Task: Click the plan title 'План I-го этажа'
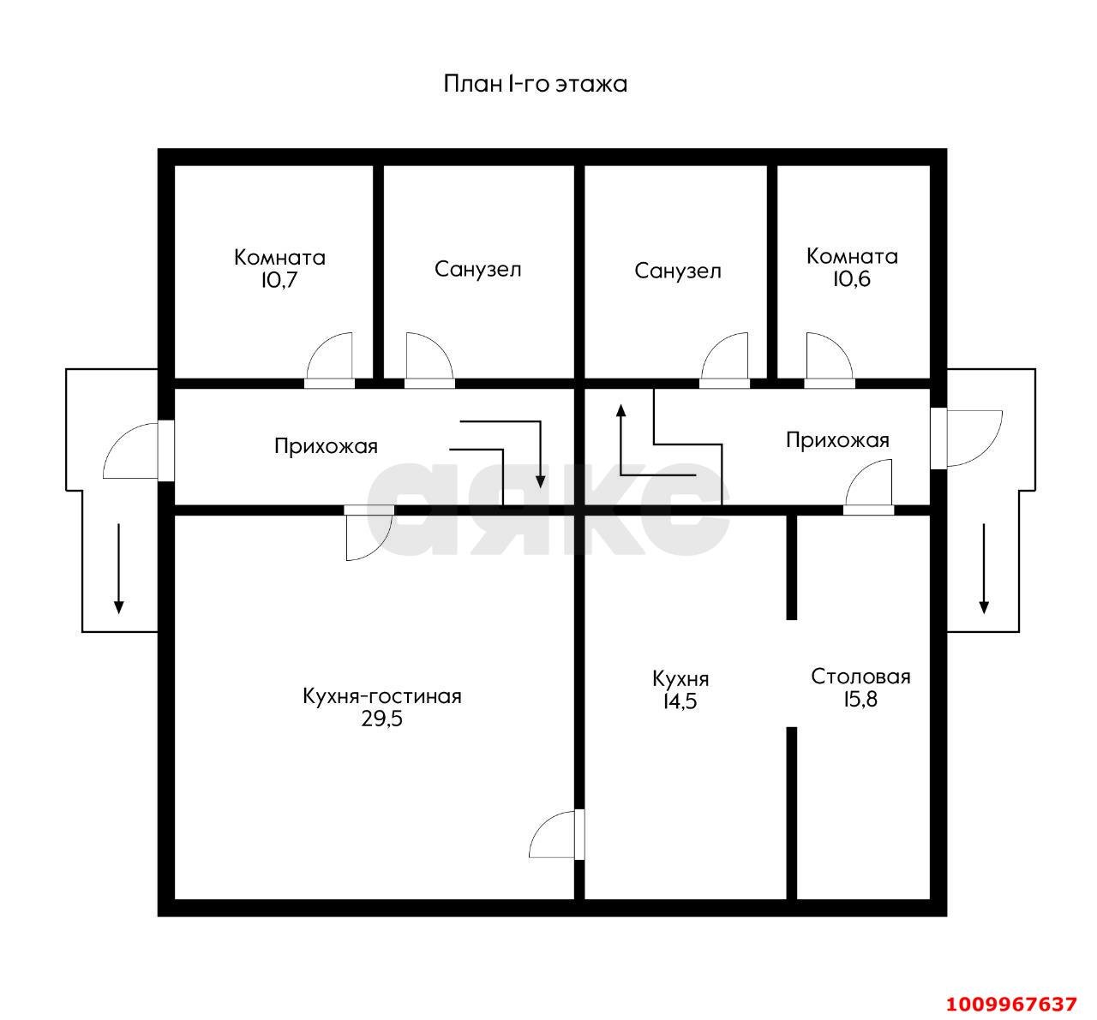[x=535, y=84]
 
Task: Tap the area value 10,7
[x=279, y=280]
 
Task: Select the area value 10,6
[x=851, y=278]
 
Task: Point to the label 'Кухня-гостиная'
[x=382, y=696]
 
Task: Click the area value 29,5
[x=382, y=719]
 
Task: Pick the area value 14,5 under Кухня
[x=680, y=701]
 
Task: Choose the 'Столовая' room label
[x=860, y=677]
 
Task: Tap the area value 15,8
[x=860, y=700]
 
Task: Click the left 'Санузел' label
[x=477, y=270]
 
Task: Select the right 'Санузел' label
[x=678, y=271]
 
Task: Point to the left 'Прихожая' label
[x=326, y=446]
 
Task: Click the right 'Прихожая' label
[x=837, y=440]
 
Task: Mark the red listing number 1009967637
[x=1010, y=1003]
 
